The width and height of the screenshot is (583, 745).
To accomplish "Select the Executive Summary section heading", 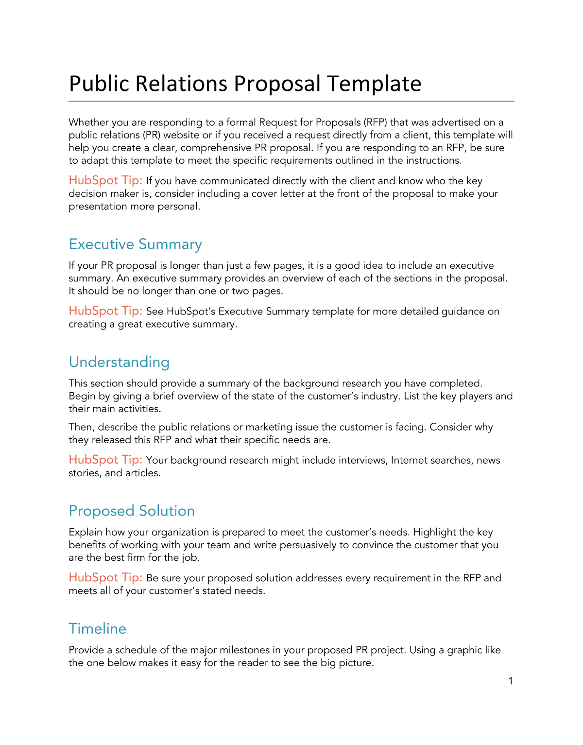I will tap(135, 244).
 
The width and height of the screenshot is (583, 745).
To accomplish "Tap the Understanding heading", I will tap(119, 362).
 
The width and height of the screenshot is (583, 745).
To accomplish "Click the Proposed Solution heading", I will tap(132, 511).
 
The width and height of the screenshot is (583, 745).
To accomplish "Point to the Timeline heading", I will tap(97, 628).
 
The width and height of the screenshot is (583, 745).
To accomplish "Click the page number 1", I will tap(511, 681).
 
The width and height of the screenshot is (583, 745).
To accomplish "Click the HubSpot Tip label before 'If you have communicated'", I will tap(105, 180).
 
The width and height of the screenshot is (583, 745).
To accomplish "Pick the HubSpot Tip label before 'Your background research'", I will tap(105, 460).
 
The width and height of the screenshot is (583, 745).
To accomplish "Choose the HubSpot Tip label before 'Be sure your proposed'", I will tap(105, 577).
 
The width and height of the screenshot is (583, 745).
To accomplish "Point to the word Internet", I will tap(409, 460).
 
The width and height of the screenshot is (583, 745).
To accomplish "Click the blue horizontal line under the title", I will tap(291, 101).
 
